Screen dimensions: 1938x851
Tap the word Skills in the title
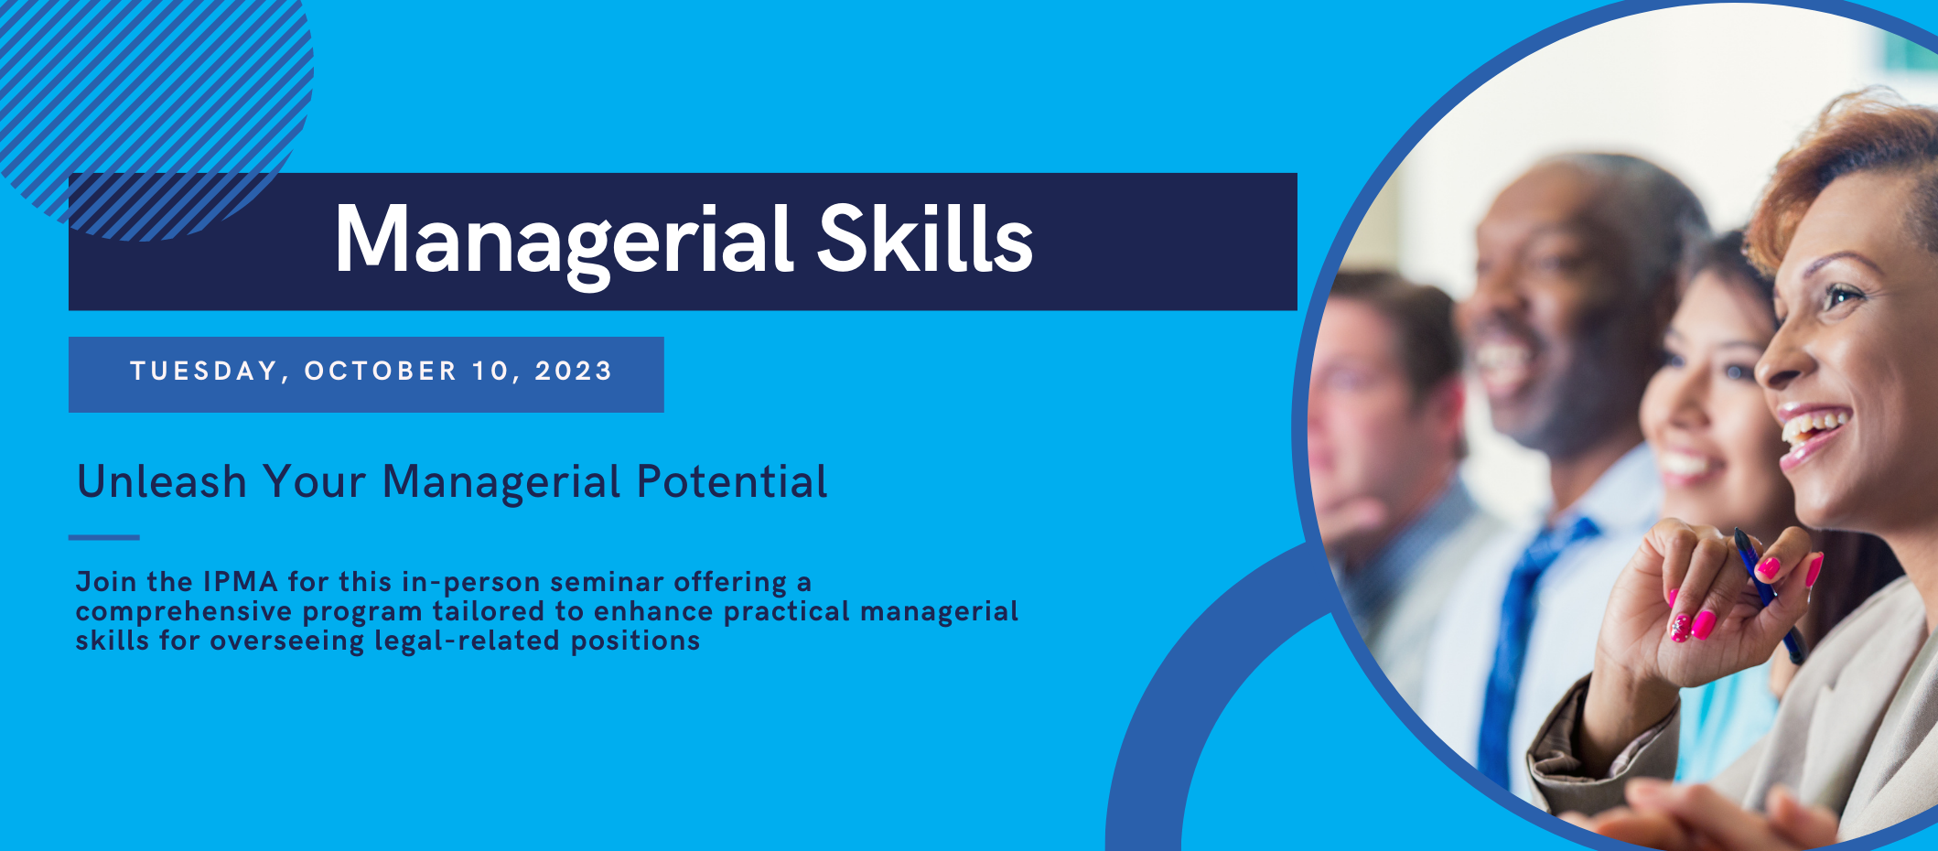tap(925, 238)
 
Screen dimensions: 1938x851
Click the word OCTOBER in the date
tap(381, 371)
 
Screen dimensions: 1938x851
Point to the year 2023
tap(574, 371)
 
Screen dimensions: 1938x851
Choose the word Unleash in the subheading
tap(162, 481)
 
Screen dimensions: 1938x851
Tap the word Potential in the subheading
tap(732, 481)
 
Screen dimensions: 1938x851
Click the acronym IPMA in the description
tap(241, 582)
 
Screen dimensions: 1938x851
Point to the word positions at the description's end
tap(636, 641)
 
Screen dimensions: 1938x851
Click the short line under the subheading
tap(103, 538)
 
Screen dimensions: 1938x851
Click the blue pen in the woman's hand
tap(1769, 595)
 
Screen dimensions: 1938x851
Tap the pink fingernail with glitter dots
tap(1681, 628)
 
